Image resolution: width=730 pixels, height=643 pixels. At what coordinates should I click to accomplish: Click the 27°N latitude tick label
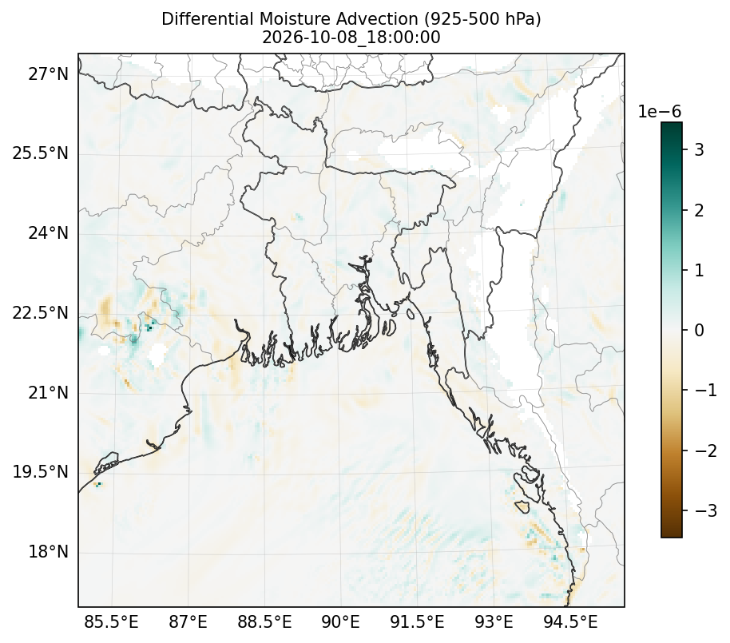(x=48, y=73)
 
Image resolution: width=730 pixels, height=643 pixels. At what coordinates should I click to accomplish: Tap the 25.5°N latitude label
(x=40, y=153)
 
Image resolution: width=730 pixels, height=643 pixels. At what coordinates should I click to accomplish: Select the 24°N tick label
(x=48, y=232)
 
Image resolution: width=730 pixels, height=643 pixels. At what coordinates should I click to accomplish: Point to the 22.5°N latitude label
(x=40, y=312)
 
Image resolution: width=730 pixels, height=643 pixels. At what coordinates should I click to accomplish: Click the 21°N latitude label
(x=48, y=392)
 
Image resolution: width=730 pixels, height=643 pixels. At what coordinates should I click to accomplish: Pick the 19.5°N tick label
(x=40, y=472)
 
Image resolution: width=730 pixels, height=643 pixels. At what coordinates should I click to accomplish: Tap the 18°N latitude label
(x=48, y=552)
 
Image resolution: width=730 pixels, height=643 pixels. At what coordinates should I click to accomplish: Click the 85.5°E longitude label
(x=111, y=622)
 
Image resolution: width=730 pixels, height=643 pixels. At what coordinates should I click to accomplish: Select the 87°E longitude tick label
(x=188, y=622)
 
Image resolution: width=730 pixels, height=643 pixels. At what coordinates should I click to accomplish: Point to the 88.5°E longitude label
(x=264, y=622)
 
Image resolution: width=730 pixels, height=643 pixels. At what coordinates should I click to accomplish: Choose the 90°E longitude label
(x=341, y=622)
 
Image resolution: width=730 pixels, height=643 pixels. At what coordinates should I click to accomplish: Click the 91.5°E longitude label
(x=417, y=622)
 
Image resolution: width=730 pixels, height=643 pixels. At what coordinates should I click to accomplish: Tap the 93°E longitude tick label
(x=494, y=622)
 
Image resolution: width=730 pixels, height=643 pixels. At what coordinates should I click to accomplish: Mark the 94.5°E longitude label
(x=570, y=622)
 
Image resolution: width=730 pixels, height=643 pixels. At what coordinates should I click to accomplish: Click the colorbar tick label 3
(x=700, y=150)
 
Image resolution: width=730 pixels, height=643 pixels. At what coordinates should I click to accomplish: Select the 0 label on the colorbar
(x=700, y=330)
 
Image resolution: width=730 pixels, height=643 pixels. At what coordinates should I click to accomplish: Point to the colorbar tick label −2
(x=706, y=450)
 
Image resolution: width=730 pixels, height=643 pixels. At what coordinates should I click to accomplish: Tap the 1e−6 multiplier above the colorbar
(x=659, y=112)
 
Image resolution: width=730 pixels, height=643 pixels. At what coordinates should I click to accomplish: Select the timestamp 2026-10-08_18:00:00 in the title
(x=351, y=38)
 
